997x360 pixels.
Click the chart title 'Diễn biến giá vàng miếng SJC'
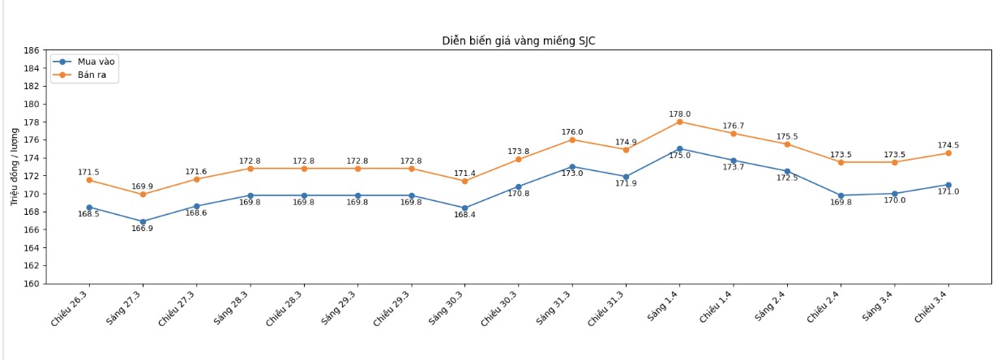[518, 41]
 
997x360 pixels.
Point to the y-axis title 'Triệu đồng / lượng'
[15, 167]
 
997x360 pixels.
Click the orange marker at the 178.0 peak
[679, 122]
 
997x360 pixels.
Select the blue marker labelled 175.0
[679, 149]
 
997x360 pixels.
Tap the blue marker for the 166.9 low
[143, 221]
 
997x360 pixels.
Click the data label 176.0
[572, 132]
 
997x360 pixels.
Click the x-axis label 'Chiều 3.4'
[933, 305]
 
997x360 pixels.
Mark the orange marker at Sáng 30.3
[464, 181]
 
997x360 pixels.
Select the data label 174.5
[948, 145]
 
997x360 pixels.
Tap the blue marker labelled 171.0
[948, 185]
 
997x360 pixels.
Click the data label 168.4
[464, 215]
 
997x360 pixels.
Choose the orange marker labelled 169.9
[143, 195]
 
